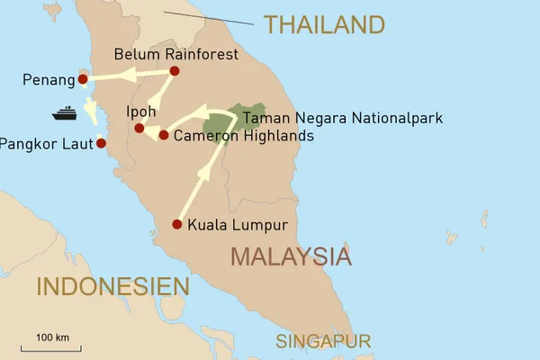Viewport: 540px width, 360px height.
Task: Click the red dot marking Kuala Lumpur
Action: [176, 224]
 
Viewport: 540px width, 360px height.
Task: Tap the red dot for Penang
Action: [83, 79]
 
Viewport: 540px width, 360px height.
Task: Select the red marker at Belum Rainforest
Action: [175, 71]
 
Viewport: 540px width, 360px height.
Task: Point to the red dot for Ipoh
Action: [139, 128]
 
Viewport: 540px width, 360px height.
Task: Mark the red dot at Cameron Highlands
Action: [163, 135]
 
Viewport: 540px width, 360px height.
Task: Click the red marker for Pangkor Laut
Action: [101, 143]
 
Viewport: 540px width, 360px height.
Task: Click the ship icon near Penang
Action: [65, 114]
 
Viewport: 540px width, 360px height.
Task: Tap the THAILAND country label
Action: [324, 24]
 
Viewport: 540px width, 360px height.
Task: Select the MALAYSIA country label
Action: [290, 256]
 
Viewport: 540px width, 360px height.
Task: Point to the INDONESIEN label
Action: [112, 287]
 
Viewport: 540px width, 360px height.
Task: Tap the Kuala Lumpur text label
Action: [237, 225]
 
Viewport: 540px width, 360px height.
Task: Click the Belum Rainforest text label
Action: [176, 55]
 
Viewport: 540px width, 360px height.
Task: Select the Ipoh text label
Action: [141, 112]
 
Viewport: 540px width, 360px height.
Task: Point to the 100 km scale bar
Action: [52, 345]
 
